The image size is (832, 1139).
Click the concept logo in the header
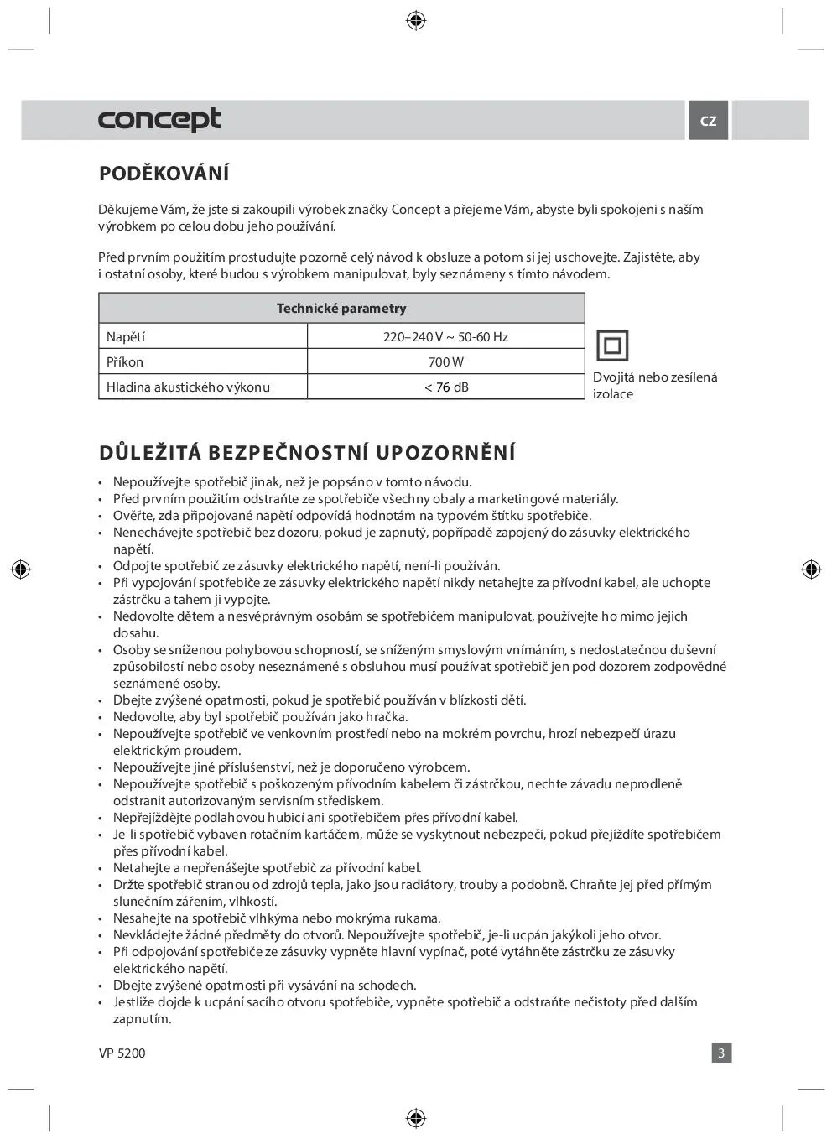[159, 120]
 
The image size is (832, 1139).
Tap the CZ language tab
[709, 121]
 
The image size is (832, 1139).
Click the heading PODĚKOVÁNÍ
[164, 174]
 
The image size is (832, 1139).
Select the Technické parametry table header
[341, 309]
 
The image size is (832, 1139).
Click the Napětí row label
[126, 337]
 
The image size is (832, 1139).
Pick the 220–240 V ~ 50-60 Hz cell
[445, 337]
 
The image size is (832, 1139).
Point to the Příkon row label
[125, 362]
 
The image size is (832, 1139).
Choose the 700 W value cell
[445, 362]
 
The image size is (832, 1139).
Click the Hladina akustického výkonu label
[188, 387]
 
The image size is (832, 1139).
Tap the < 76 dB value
[445, 387]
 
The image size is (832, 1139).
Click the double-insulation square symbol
[611, 346]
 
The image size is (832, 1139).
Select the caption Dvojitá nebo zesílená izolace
[655, 386]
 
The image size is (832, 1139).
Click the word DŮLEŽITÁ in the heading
[150, 453]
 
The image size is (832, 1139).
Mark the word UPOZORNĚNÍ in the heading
[445, 453]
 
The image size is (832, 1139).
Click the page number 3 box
[721, 1053]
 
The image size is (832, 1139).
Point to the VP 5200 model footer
[122, 1053]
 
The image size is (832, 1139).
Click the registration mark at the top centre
[416, 21]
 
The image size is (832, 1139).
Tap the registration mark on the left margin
[21, 569]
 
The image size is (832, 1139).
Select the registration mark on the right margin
[811, 569]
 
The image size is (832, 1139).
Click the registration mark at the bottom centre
[416, 1118]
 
